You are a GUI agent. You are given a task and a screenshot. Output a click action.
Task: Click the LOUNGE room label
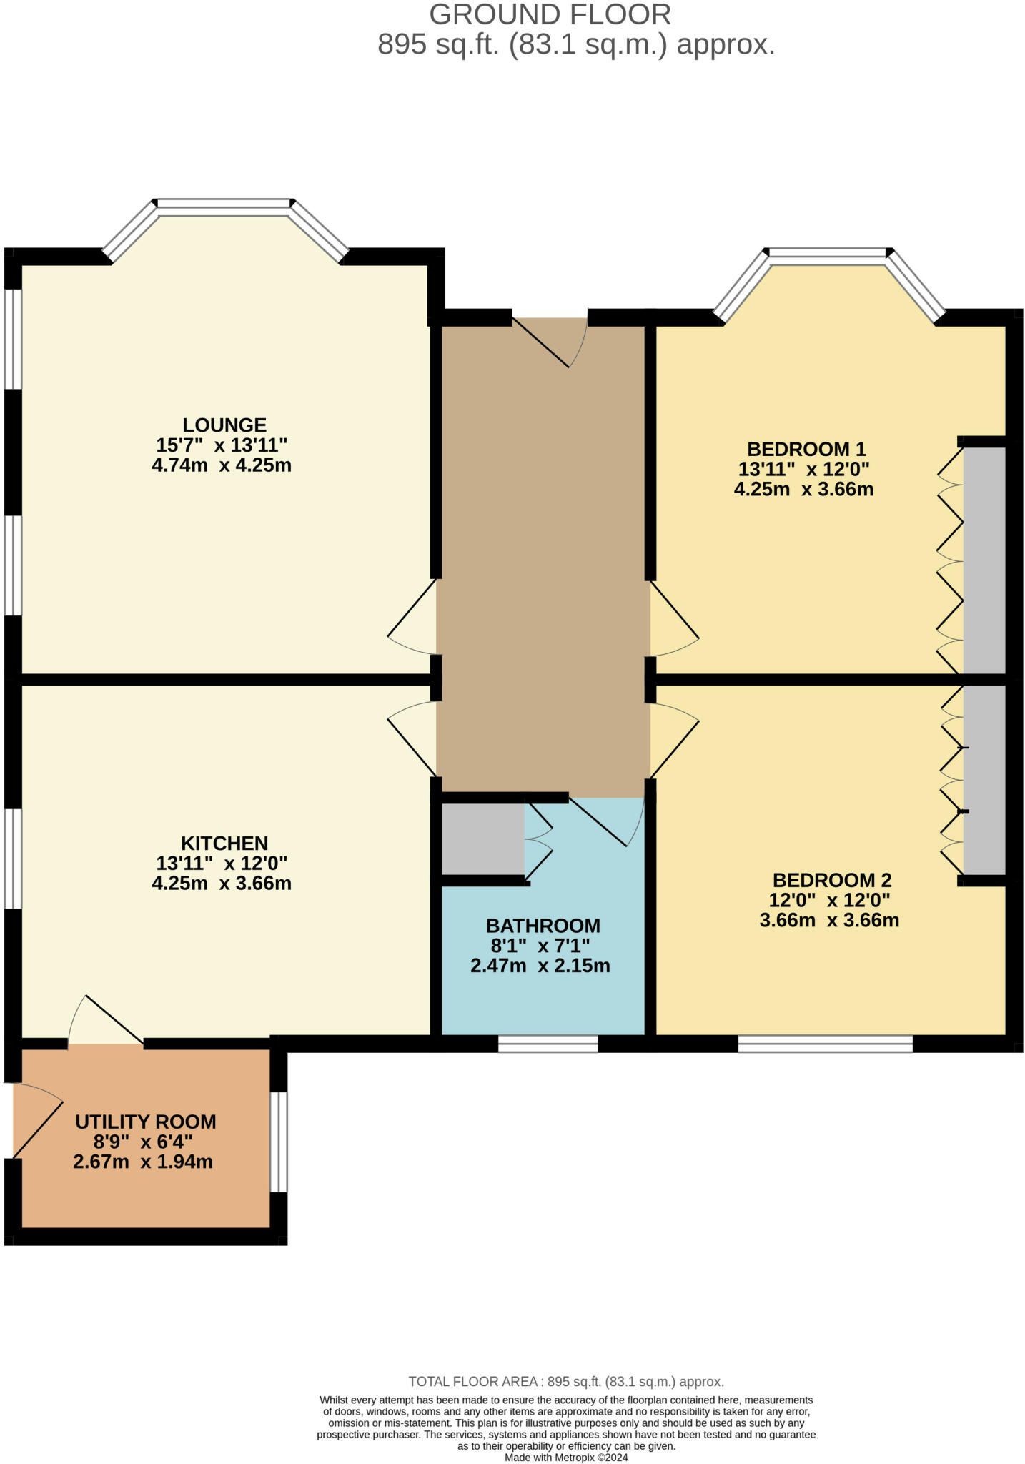224,425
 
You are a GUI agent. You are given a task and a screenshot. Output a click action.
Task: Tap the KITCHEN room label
224,843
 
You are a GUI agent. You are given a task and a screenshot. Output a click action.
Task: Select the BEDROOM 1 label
806,449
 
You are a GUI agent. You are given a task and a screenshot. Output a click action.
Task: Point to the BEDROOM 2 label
831,879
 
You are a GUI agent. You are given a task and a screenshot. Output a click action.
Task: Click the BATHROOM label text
543,926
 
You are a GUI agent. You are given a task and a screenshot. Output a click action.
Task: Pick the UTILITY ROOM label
145,1122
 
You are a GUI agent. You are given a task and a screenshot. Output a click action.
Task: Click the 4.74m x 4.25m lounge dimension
222,465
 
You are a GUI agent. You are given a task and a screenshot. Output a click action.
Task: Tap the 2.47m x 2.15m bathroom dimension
540,966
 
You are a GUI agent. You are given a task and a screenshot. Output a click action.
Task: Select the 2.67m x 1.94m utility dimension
143,1162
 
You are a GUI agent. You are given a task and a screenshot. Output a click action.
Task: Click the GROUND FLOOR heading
550,14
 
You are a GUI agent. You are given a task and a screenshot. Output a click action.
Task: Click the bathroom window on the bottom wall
548,1044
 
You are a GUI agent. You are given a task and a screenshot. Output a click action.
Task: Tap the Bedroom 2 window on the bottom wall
825,1044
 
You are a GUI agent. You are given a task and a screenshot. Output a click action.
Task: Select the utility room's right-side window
279,1142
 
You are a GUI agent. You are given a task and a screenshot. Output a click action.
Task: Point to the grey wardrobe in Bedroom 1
984,560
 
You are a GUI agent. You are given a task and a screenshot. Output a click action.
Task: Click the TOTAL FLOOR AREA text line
565,1382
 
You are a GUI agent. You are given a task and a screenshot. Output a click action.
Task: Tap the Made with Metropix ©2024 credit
565,1458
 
